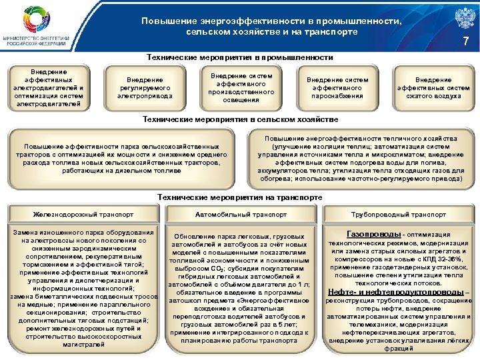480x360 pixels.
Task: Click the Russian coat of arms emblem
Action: point(458,18)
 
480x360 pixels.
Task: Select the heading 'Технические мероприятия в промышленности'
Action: point(239,58)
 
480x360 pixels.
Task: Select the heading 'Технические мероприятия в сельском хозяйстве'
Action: point(239,119)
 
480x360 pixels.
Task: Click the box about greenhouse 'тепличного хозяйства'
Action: point(361,158)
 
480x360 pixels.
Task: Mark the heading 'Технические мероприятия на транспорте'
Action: point(239,197)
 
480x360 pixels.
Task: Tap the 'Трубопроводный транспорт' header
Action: point(399,215)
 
